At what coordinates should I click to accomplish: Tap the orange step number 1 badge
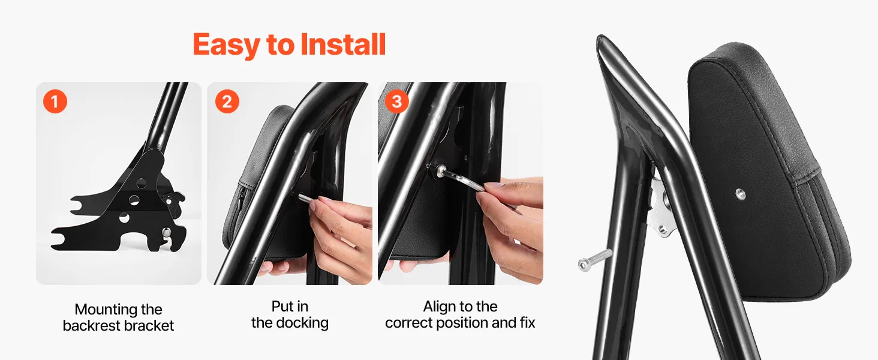[x=55, y=101]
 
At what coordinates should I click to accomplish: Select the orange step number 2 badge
[x=227, y=101]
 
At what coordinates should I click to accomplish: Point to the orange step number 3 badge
[x=396, y=101]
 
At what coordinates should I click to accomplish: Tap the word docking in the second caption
[x=302, y=323]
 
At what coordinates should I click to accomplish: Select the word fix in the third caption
[x=527, y=322]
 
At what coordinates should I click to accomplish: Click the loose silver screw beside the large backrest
[x=595, y=260]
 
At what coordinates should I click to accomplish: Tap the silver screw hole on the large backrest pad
[x=740, y=194]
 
